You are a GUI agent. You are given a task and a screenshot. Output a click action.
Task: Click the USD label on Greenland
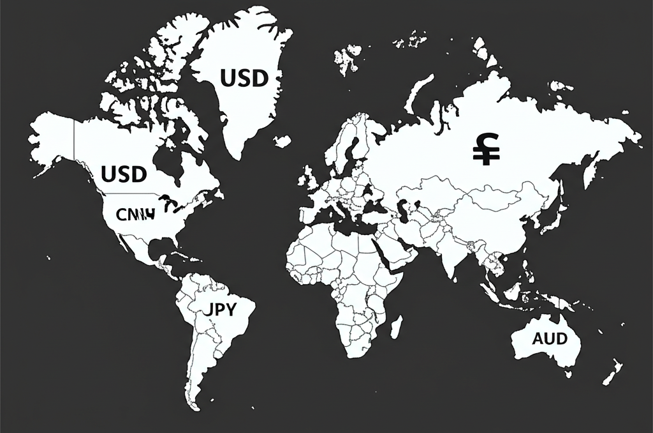pyautogui.click(x=244, y=79)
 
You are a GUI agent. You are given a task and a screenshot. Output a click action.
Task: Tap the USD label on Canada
pyautogui.click(x=124, y=173)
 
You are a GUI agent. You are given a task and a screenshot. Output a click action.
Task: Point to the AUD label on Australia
pyautogui.click(x=549, y=338)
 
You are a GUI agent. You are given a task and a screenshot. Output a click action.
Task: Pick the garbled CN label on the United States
pyautogui.click(x=135, y=213)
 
